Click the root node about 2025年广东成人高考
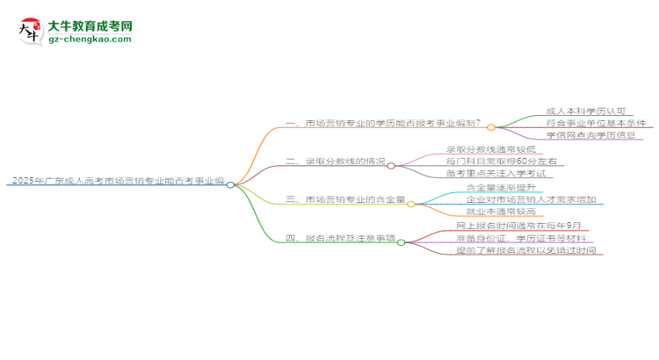pos(115,181)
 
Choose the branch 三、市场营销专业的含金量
pos(344,201)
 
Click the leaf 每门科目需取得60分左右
pos(500,162)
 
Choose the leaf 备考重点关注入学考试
pos(496,175)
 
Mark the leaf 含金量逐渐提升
pos(499,188)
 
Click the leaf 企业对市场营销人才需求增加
pos(532,200)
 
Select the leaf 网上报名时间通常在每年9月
pos(512,226)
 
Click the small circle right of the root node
pos(230,184)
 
